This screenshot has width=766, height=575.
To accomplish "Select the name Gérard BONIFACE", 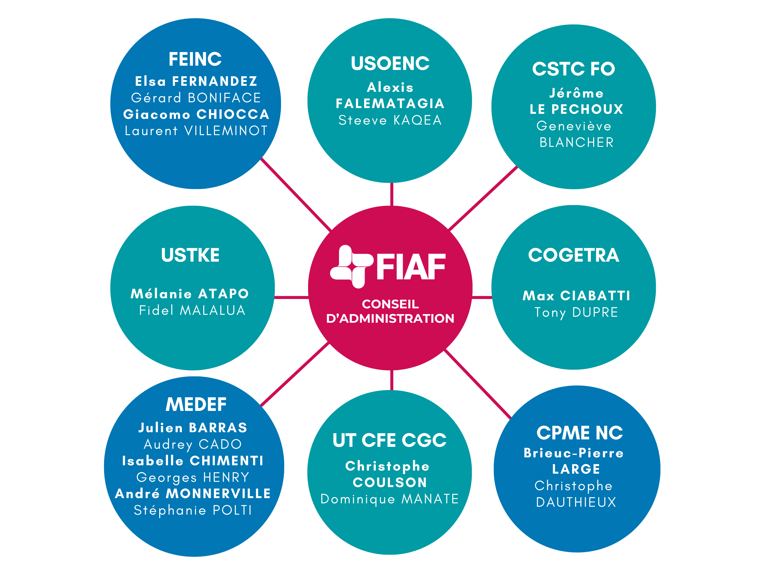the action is (x=196, y=98).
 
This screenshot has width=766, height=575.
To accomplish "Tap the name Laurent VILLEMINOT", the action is (x=196, y=131).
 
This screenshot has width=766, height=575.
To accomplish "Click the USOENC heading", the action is (x=390, y=63).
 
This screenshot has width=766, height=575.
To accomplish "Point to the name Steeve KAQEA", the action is (x=390, y=120).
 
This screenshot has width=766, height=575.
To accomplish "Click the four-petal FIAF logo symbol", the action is (x=351, y=266).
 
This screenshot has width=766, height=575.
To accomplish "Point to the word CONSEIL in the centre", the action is (x=390, y=304).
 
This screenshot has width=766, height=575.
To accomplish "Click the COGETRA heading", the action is (x=574, y=255).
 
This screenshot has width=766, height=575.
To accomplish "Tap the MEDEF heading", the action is (x=196, y=404).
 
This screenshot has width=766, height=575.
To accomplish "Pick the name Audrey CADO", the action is (x=192, y=444).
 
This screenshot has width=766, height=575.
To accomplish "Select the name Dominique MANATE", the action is (x=389, y=499).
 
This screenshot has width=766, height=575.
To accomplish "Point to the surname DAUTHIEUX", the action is (x=576, y=502).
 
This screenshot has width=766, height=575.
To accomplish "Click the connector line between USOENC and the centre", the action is (x=392, y=194).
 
